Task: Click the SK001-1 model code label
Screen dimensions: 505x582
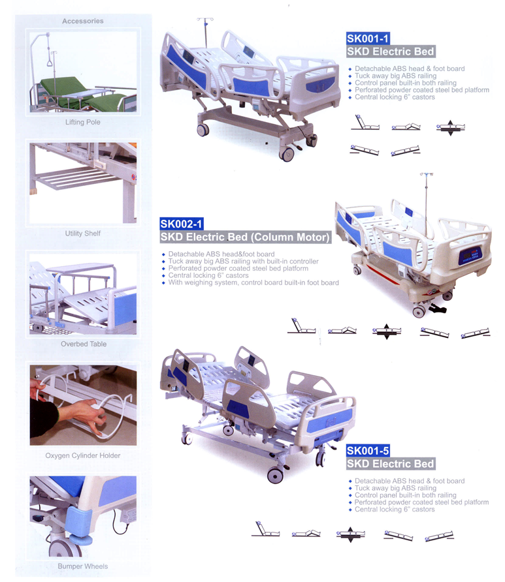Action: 368,38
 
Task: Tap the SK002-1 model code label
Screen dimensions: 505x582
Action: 182,224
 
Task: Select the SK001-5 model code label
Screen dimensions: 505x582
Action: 368,451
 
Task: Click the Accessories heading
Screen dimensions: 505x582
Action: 83,21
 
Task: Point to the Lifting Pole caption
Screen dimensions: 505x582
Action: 83,122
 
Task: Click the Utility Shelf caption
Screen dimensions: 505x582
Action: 83,234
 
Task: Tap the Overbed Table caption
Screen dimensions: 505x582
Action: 84,344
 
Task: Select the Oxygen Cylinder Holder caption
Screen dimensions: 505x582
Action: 83,455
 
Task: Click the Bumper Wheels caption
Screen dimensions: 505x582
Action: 83,566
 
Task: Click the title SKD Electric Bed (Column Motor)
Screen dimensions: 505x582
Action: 245,237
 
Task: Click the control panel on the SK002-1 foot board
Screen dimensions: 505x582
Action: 470,256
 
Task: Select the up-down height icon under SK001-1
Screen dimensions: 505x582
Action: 450,128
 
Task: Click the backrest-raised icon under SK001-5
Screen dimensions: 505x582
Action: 265,530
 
